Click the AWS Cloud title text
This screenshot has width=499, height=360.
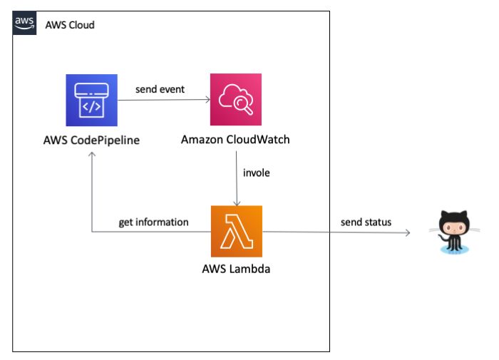(x=70, y=26)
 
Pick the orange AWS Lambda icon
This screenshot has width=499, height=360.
(x=236, y=231)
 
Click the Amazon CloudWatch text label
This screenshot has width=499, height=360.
(x=236, y=139)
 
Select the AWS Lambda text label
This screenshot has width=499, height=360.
(x=236, y=270)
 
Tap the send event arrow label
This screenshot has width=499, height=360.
(x=160, y=90)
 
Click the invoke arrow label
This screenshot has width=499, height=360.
(x=257, y=173)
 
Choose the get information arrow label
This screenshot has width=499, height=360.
(x=153, y=222)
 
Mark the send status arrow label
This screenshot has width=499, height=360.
(x=366, y=222)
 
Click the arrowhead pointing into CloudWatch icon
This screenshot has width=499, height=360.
(x=207, y=100)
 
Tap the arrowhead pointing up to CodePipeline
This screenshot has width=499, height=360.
(x=92, y=156)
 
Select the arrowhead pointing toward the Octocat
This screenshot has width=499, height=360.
(x=408, y=232)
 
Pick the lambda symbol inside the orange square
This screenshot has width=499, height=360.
(x=236, y=231)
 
